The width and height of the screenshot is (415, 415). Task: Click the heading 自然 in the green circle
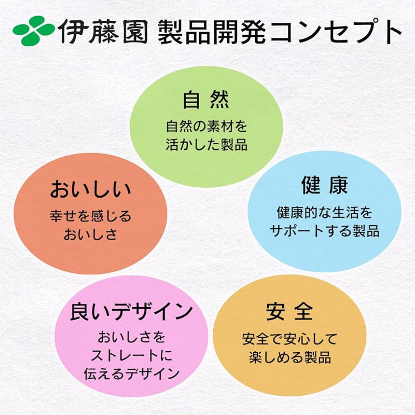coord(206,100)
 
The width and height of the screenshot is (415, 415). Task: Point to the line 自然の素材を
coord(206,126)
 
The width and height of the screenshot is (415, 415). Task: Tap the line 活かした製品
coord(206,144)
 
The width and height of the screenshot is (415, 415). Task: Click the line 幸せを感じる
coord(90,215)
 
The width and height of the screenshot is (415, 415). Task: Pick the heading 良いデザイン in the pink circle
coord(131,312)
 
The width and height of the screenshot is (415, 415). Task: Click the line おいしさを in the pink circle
coord(131,338)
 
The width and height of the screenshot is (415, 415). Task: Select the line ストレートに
coord(131,356)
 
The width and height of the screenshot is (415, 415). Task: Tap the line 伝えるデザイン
coord(131,374)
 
